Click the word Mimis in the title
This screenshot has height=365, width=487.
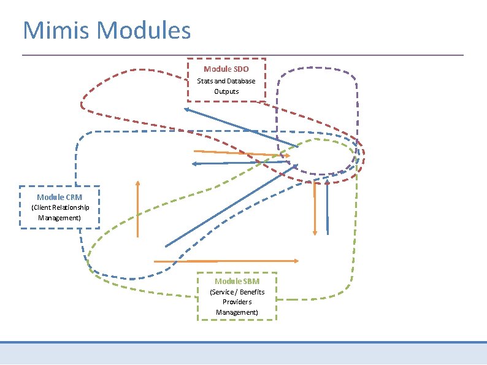point(57,30)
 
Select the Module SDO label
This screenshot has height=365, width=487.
point(226,69)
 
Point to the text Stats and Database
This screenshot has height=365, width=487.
point(226,81)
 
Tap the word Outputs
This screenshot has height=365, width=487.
point(226,91)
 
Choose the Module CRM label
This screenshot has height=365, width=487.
point(59,197)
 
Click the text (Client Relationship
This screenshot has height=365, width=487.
point(59,207)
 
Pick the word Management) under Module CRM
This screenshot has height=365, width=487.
point(59,218)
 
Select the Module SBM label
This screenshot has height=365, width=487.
point(237,281)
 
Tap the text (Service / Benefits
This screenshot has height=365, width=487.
point(237,292)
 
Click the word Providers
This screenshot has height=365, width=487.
point(237,302)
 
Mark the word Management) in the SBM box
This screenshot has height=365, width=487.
point(237,312)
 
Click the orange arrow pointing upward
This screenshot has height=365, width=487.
point(138,209)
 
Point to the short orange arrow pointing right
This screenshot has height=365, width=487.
point(242,153)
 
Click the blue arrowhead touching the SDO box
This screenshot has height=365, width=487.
point(187,109)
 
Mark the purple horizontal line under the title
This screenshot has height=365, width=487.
point(243,55)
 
